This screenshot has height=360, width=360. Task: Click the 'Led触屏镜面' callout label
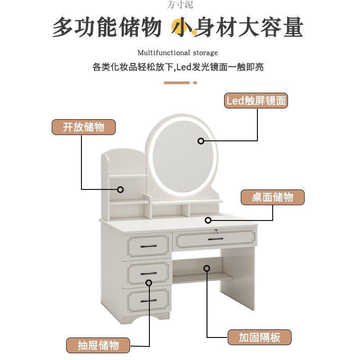point(256,101)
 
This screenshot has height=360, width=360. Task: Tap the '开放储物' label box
point(84,127)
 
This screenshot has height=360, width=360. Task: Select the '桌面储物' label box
point(272,198)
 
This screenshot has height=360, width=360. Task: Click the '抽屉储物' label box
point(98,345)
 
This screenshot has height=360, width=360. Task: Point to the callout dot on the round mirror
point(201,141)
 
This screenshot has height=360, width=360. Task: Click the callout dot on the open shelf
point(120,189)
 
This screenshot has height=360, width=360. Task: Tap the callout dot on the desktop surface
point(208,220)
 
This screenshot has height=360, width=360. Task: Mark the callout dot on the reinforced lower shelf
point(207,268)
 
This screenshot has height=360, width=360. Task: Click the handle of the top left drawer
point(148,246)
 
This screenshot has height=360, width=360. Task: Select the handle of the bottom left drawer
point(148,300)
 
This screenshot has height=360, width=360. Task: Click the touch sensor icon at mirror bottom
point(184,184)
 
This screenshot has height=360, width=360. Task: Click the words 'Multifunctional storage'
point(177,53)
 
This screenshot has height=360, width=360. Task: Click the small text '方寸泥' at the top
point(180,5)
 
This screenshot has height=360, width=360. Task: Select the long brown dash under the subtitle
point(177,83)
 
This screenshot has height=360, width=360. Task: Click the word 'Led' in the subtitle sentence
point(183,67)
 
